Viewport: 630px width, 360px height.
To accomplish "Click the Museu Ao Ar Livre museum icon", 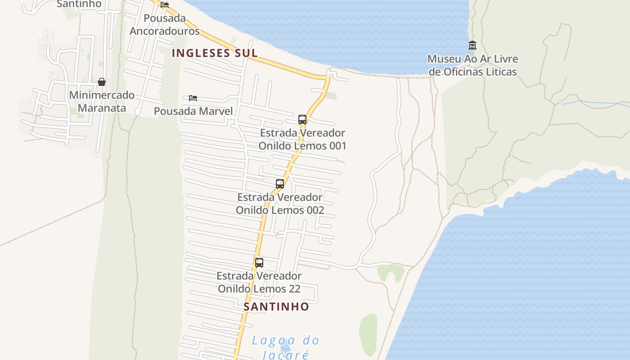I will [472, 45].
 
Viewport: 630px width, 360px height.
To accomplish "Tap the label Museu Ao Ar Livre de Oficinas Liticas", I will [472, 65].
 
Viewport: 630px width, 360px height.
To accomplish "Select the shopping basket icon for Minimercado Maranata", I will [102, 82].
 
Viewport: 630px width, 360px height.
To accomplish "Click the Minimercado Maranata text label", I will [102, 102].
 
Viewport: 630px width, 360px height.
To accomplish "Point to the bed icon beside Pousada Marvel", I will [193, 98].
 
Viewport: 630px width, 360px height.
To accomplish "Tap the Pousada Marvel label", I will [193, 111].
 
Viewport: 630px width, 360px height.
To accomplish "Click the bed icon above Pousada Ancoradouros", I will [165, 5].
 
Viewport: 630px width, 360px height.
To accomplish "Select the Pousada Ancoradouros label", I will [165, 25].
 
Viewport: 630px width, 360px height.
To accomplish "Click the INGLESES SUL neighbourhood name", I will [215, 53].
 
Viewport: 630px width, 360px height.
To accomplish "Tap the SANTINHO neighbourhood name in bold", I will [276, 307].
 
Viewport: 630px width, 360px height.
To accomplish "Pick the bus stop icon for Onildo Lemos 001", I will [302, 120].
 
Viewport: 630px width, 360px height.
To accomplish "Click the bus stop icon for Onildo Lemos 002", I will [280, 184].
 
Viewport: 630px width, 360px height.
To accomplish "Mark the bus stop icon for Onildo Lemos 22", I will [259, 263].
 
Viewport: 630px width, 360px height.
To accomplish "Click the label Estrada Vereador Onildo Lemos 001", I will [302, 139].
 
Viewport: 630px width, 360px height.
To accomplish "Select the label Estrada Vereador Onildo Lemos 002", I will [280, 203].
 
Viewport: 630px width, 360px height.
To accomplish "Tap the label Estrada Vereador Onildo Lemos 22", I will [259, 282].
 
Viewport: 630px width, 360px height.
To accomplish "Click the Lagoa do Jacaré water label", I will [285, 346].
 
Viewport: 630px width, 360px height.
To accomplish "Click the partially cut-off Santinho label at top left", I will [79, 4].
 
